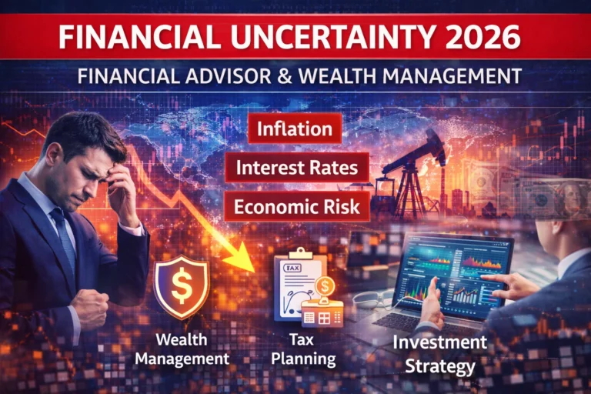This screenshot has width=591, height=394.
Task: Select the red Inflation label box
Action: click(295, 129)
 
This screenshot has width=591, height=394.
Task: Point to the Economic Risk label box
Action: click(297, 207)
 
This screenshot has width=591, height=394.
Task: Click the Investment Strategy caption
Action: click(439, 353)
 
